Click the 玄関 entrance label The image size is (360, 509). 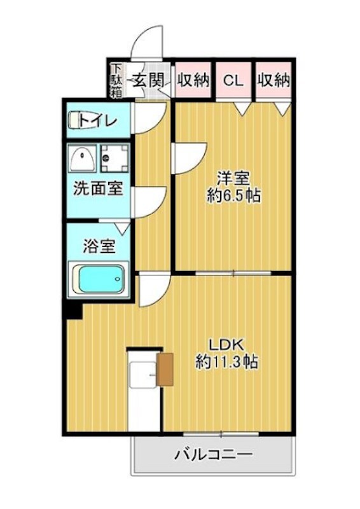(x=149, y=81)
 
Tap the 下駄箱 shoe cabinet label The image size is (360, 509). (x=116, y=81)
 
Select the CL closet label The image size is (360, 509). (x=233, y=81)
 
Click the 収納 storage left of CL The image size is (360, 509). (x=193, y=81)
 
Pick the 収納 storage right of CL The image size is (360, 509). (x=274, y=81)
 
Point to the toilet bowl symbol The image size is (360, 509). (x=76, y=120)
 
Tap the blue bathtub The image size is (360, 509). (x=100, y=278)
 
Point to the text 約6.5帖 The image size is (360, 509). (x=233, y=195)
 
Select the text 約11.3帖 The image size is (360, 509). (x=226, y=363)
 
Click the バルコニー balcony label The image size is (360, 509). (x=214, y=455)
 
